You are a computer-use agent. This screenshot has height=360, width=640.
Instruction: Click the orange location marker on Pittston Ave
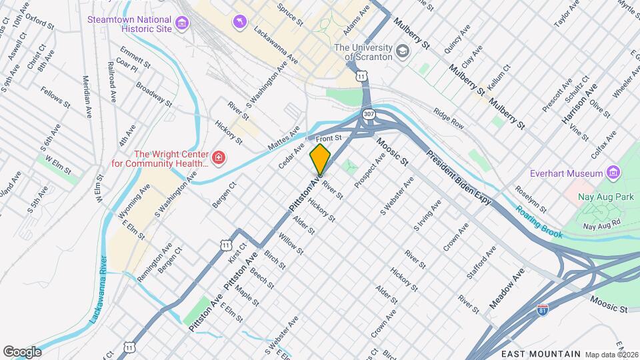pyautogui.click(x=321, y=159)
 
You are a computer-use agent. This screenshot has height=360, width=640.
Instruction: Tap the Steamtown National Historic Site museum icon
pyautogui.click(x=181, y=25)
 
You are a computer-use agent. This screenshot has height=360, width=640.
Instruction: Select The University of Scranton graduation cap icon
pyautogui.click(x=403, y=51)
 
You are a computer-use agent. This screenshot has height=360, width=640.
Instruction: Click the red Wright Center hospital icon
pyautogui.click(x=219, y=158)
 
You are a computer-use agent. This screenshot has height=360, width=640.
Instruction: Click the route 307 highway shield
pyautogui.click(x=369, y=115)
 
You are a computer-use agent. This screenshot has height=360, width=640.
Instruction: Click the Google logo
pyautogui.click(x=22, y=351)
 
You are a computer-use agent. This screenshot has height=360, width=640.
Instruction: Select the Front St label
pyautogui.click(x=328, y=138)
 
